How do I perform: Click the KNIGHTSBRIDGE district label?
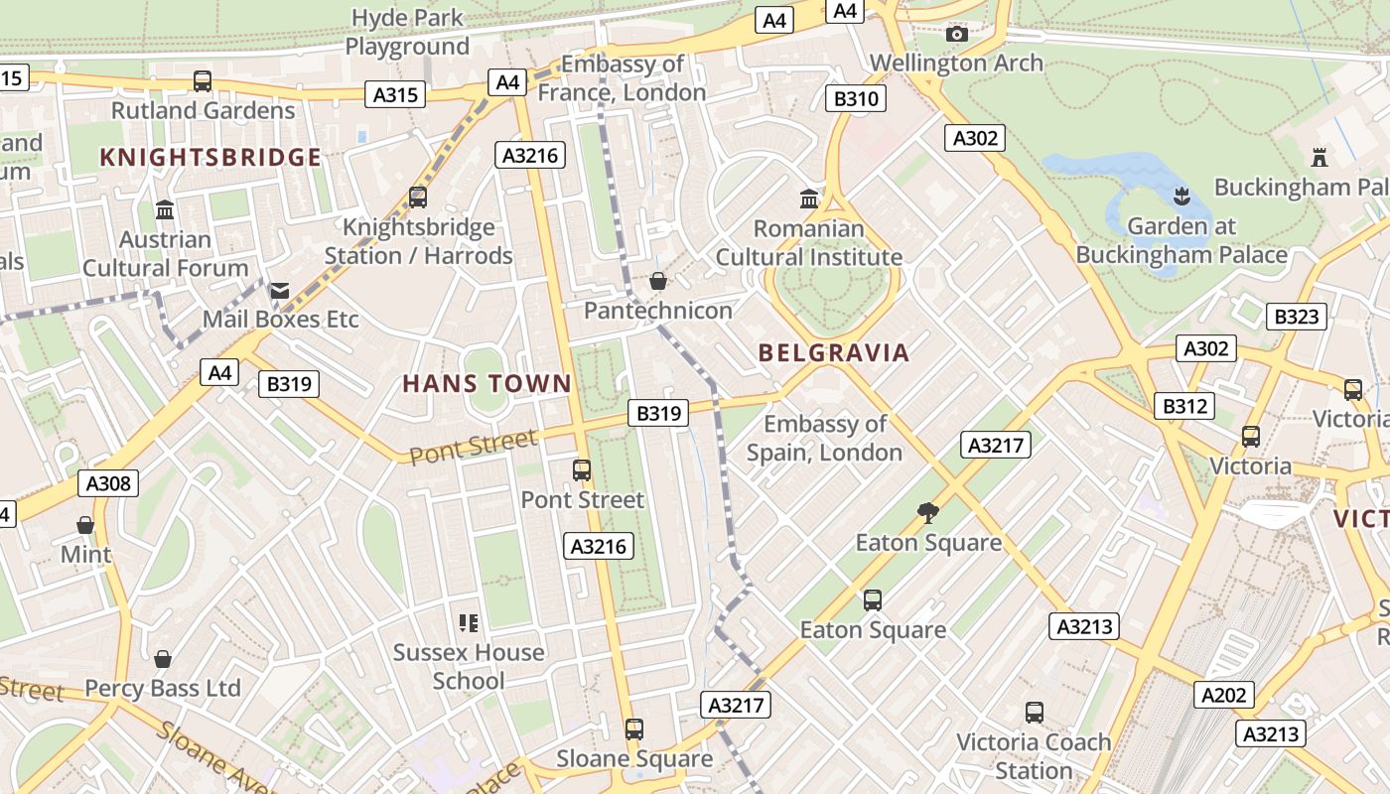click(x=210, y=157)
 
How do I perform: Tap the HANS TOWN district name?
click(x=486, y=384)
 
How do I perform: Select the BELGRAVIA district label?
click(x=833, y=352)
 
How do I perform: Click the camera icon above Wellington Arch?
click(x=957, y=35)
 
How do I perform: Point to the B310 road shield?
click(x=856, y=98)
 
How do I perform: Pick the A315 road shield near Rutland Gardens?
click(x=397, y=94)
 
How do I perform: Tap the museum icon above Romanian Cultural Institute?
click(x=809, y=198)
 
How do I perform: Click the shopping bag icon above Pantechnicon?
click(x=657, y=282)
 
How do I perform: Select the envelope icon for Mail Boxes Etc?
click(x=280, y=291)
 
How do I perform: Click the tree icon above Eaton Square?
click(x=928, y=513)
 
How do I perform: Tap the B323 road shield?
click(x=1297, y=317)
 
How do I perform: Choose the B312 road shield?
click(x=1185, y=405)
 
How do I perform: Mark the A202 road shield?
click(x=1223, y=695)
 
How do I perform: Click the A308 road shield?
click(x=108, y=483)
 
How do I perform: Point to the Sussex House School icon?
click(x=469, y=623)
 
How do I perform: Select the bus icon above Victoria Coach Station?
click(x=1035, y=712)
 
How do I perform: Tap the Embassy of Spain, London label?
click(x=824, y=438)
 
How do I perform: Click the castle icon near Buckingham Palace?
click(x=1320, y=157)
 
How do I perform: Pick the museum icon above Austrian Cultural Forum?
click(x=165, y=210)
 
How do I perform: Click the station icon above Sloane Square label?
click(x=634, y=729)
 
